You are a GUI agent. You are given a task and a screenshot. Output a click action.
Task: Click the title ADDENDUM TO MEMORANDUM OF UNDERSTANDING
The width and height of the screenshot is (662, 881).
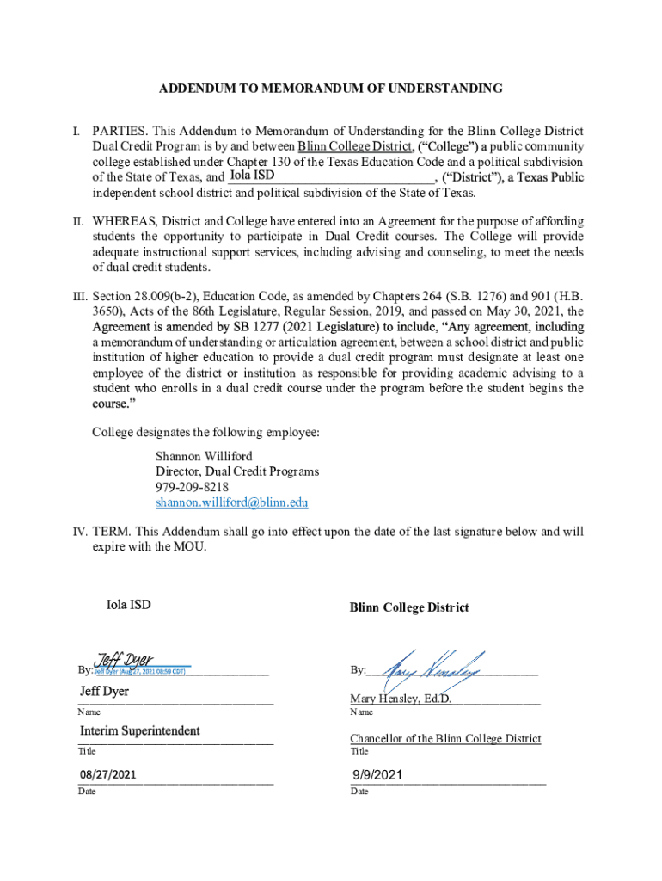coord(331,89)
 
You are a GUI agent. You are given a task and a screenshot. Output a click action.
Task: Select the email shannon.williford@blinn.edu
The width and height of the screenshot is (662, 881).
coord(231,502)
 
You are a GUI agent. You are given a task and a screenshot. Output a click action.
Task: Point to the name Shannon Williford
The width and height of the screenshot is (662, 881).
coord(204,456)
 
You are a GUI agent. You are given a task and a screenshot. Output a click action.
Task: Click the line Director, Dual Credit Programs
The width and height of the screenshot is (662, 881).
coord(236,471)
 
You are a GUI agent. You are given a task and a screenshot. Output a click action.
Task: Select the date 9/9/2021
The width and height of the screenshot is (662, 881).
coord(377,776)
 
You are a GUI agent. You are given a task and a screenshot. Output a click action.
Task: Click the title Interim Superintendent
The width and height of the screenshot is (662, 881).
coord(140,730)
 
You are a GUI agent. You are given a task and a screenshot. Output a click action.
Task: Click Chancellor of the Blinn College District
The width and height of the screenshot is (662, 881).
coord(445,738)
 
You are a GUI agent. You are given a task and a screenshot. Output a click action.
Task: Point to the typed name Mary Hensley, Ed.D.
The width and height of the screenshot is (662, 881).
coord(400,699)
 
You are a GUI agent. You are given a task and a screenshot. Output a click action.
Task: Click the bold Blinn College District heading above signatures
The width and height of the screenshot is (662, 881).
coord(408,607)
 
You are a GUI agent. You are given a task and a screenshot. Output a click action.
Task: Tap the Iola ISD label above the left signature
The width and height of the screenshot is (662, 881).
coord(128,604)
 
